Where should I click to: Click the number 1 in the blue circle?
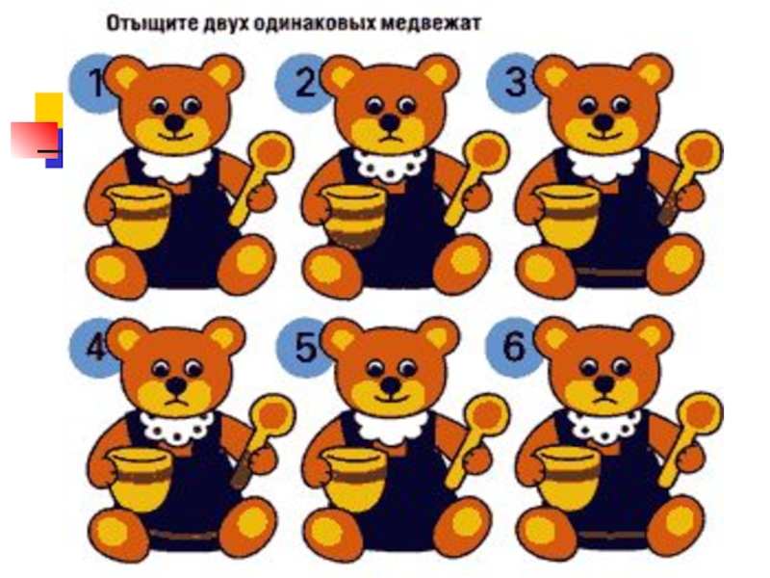pos(95,83)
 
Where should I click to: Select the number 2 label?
pos(306,83)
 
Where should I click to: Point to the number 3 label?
pos(516,83)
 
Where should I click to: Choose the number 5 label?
pos(306,347)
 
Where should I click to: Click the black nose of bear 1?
pos(174,122)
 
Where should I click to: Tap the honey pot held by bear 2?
pos(354,215)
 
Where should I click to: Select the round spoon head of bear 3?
pos(700,151)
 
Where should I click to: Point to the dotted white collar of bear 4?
pos(178,428)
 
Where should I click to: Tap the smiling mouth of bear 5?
pos(391,397)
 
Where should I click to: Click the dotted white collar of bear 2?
pos(391,164)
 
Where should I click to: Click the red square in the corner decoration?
pos(34,140)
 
